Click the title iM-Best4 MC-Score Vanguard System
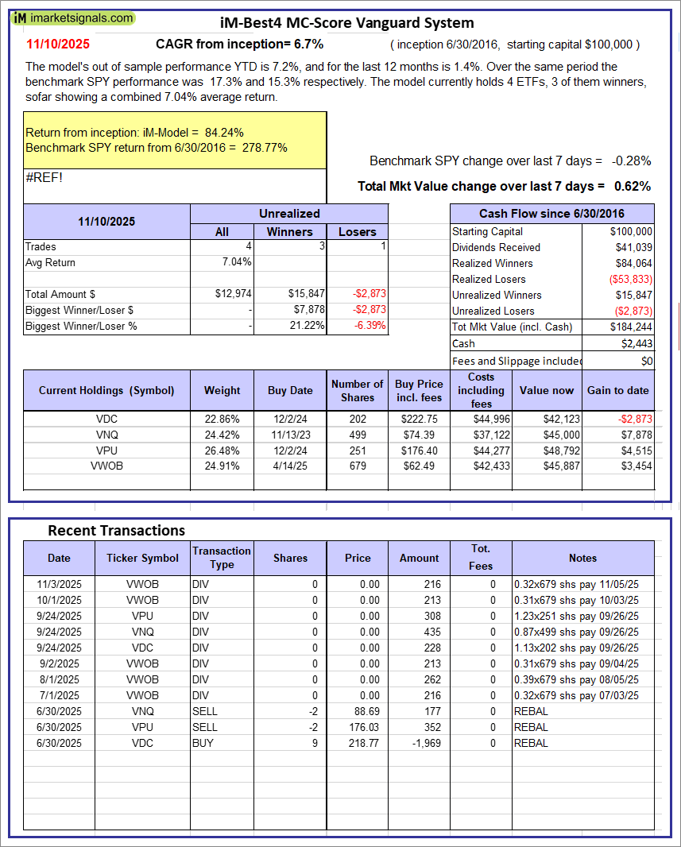(346, 23)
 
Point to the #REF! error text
(44, 176)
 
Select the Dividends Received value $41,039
(633, 247)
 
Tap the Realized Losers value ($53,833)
(632, 279)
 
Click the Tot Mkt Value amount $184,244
(632, 327)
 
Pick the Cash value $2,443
(637, 343)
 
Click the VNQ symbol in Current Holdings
(106, 435)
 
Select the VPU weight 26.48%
(222, 451)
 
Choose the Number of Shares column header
(358, 390)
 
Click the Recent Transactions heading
(116, 530)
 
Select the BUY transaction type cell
(203, 743)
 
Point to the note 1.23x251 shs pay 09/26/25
(575, 616)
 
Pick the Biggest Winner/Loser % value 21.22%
(307, 326)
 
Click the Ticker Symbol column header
(143, 558)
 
